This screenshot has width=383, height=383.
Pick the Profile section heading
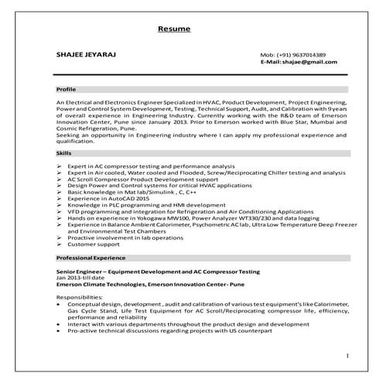coord(68,90)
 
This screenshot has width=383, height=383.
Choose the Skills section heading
coord(65,153)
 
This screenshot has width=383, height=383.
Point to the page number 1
coord(347,355)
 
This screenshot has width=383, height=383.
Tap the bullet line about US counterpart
coord(169,331)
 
